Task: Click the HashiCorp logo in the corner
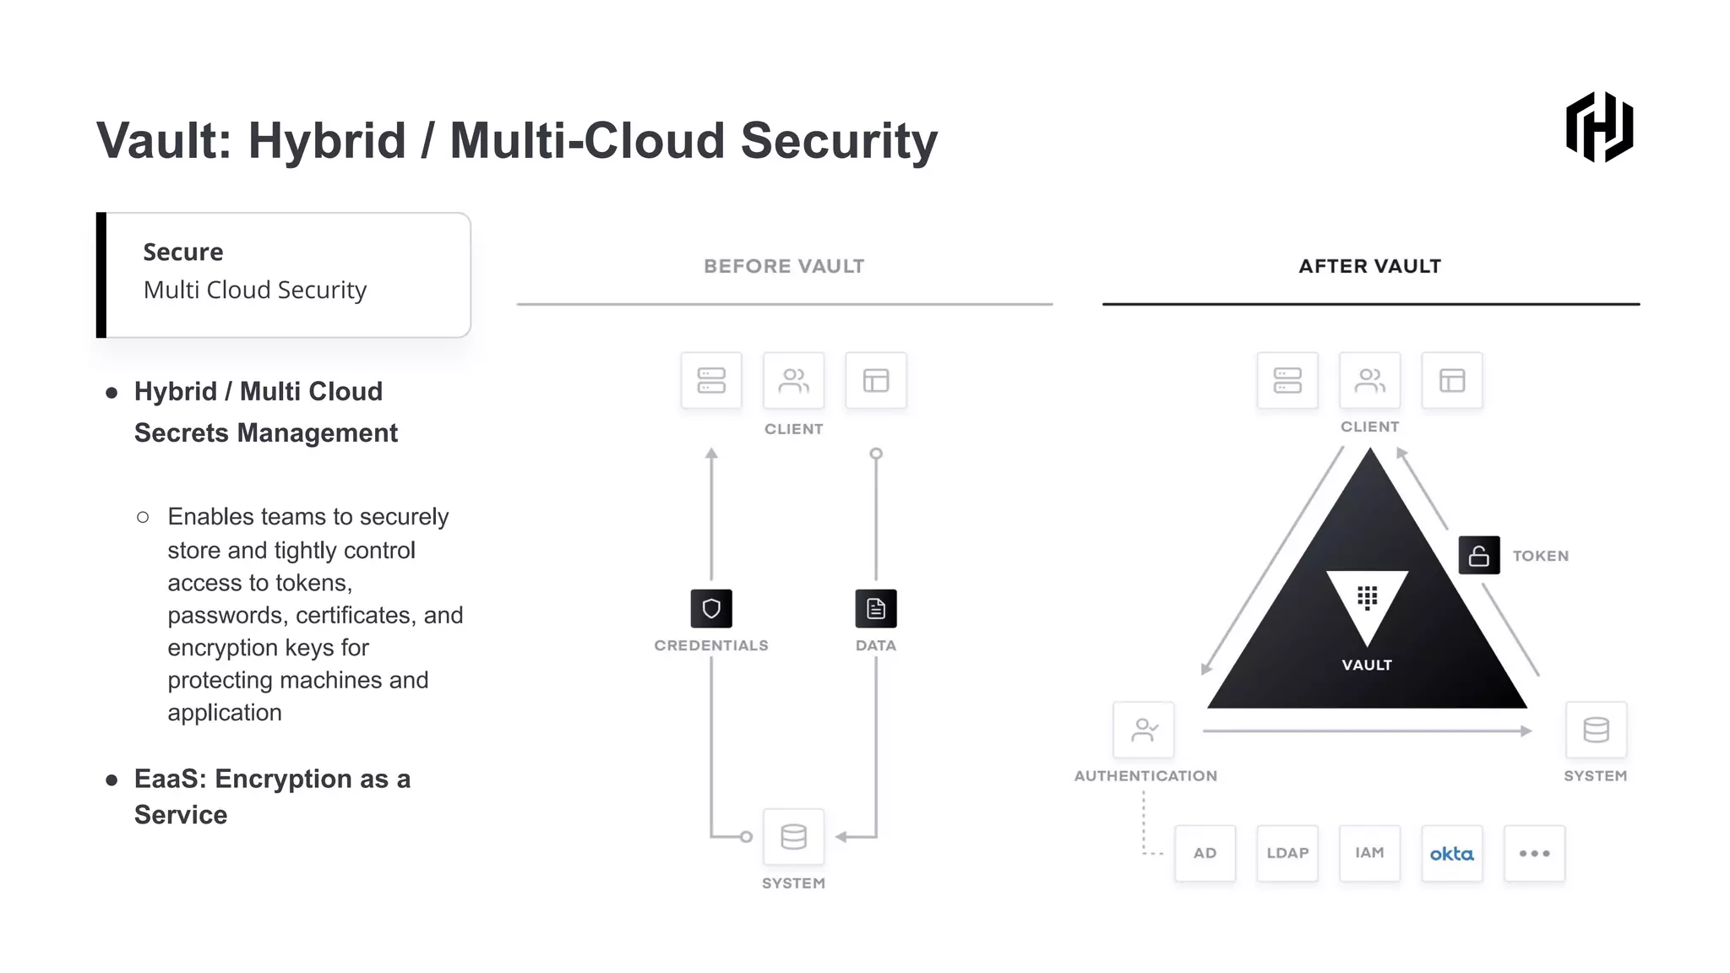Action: click(x=1599, y=127)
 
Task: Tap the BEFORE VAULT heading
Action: click(x=784, y=266)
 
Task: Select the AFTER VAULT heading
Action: click(x=1369, y=266)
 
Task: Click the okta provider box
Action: click(x=1451, y=853)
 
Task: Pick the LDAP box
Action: click(x=1287, y=853)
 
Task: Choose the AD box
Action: click(x=1205, y=853)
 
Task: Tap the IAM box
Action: click(x=1369, y=853)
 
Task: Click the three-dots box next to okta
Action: click(x=1534, y=853)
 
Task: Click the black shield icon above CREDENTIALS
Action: click(x=711, y=608)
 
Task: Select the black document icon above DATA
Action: click(x=876, y=608)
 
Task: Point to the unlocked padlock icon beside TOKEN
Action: click(x=1479, y=556)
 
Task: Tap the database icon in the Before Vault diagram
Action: click(x=793, y=836)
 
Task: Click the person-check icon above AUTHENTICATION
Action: click(x=1144, y=729)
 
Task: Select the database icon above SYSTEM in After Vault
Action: click(x=1596, y=729)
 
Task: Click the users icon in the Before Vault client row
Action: click(x=793, y=381)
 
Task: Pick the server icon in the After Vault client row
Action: click(x=1287, y=381)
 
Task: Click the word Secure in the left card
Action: click(x=183, y=252)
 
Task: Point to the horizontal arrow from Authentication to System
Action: click(x=1367, y=731)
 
